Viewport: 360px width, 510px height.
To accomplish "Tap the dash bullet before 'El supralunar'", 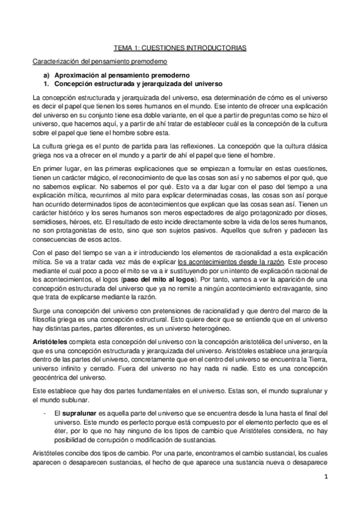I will (46, 414).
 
